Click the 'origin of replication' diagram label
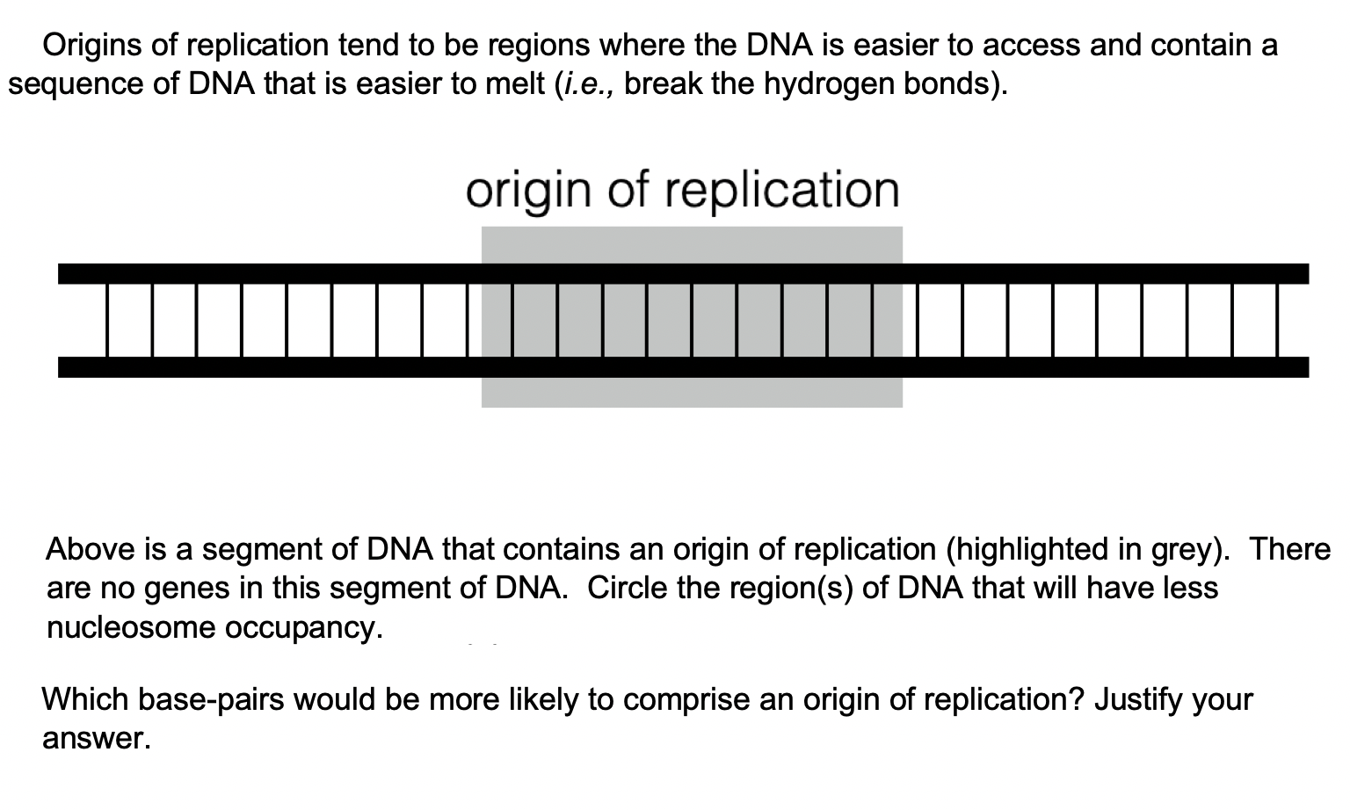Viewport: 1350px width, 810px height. (683, 190)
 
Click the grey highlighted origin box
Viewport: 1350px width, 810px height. (692, 391)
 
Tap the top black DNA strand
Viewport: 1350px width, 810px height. (264, 273)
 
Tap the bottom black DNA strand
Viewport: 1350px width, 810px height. (264, 367)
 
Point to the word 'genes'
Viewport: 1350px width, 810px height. (182, 588)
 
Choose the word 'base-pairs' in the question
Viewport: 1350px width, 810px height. (207, 699)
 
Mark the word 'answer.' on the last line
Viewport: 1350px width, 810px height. (97, 739)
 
